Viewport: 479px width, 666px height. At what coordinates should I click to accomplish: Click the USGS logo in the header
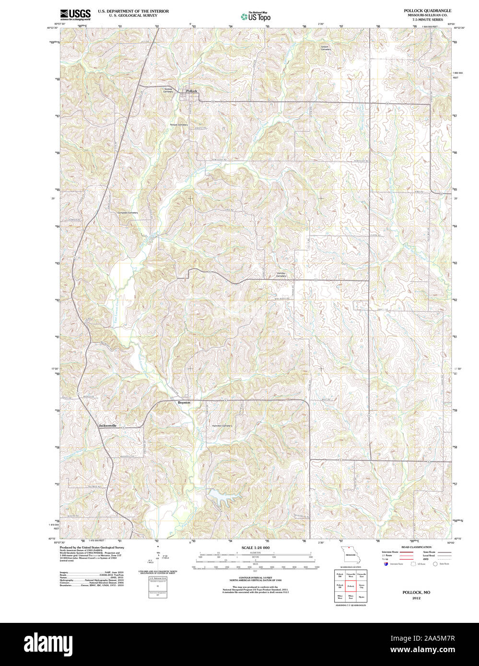(75, 14)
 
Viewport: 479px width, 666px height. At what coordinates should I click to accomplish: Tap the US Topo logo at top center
(256, 16)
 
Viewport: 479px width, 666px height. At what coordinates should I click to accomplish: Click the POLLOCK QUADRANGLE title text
(427, 10)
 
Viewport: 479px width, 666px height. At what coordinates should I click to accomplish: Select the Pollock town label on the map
(192, 91)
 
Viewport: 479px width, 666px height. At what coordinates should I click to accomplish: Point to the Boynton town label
(184, 402)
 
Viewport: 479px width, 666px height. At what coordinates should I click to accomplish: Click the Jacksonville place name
(107, 425)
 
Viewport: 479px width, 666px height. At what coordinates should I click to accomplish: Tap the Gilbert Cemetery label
(326, 48)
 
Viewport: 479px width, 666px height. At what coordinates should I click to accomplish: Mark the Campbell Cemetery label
(127, 212)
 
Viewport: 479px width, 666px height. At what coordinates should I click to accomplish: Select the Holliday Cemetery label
(281, 275)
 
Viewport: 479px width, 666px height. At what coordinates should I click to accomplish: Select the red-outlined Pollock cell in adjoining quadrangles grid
(350, 586)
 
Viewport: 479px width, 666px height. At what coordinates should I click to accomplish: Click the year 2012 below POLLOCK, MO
(416, 598)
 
